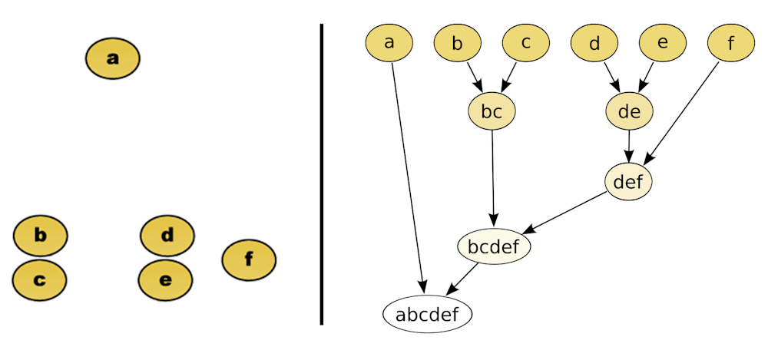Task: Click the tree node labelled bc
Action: [x=492, y=112]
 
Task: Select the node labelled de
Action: [x=629, y=112]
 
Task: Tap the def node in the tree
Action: [x=628, y=182]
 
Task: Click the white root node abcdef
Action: [x=427, y=314]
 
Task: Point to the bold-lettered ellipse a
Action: [x=113, y=58]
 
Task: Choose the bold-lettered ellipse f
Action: [x=249, y=260]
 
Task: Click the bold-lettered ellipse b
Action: [x=41, y=236]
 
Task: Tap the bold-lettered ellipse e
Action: [x=165, y=280]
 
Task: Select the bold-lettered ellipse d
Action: [x=167, y=236]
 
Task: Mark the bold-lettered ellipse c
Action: [x=40, y=280]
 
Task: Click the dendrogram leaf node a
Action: [x=389, y=42]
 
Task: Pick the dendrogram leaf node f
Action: [x=730, y=42]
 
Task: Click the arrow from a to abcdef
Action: [x=409, y=177]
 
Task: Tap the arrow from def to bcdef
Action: [x=568, y=212]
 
